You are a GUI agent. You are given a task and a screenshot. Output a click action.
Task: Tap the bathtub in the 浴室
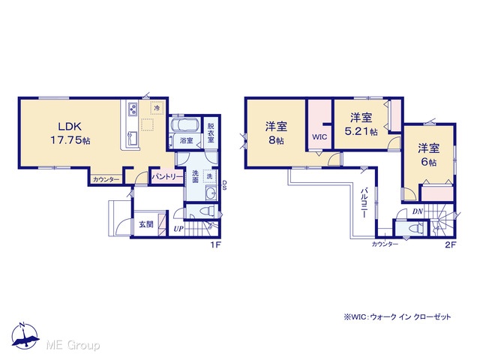click(x=184, y=125)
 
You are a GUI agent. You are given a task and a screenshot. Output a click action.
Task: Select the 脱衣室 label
click(x=211, y=133)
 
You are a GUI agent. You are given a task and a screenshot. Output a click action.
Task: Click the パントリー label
click(x=167, y=177)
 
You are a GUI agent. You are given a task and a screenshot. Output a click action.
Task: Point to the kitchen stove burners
click(x=133, y=109)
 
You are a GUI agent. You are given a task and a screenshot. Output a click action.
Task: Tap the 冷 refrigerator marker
click(x=157, y=108)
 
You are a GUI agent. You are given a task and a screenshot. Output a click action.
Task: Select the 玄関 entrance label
click(x=146, y=224)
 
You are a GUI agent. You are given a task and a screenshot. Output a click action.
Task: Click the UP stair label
click(x=178, y=229)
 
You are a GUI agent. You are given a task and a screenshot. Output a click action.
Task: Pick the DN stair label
click(x=418, y=211)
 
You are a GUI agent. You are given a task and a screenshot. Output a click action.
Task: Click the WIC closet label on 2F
click(x=319, y=137)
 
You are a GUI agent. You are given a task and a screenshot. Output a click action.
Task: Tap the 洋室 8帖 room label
click(x=276, y=133)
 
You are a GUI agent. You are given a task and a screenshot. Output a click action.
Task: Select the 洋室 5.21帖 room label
click(x=361, y=124)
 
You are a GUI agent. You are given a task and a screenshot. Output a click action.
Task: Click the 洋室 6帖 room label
click(x=429, y=155)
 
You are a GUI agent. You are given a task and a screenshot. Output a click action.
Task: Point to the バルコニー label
click(x=364, y=202)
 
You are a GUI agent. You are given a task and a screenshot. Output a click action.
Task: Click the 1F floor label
click(x=215, y=244)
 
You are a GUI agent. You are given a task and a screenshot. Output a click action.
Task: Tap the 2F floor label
click(x=451, y=244)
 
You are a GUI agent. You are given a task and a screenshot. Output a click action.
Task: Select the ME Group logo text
click(x=73, y=346)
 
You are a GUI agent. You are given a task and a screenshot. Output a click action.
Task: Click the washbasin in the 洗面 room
click(x=211, y=193)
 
